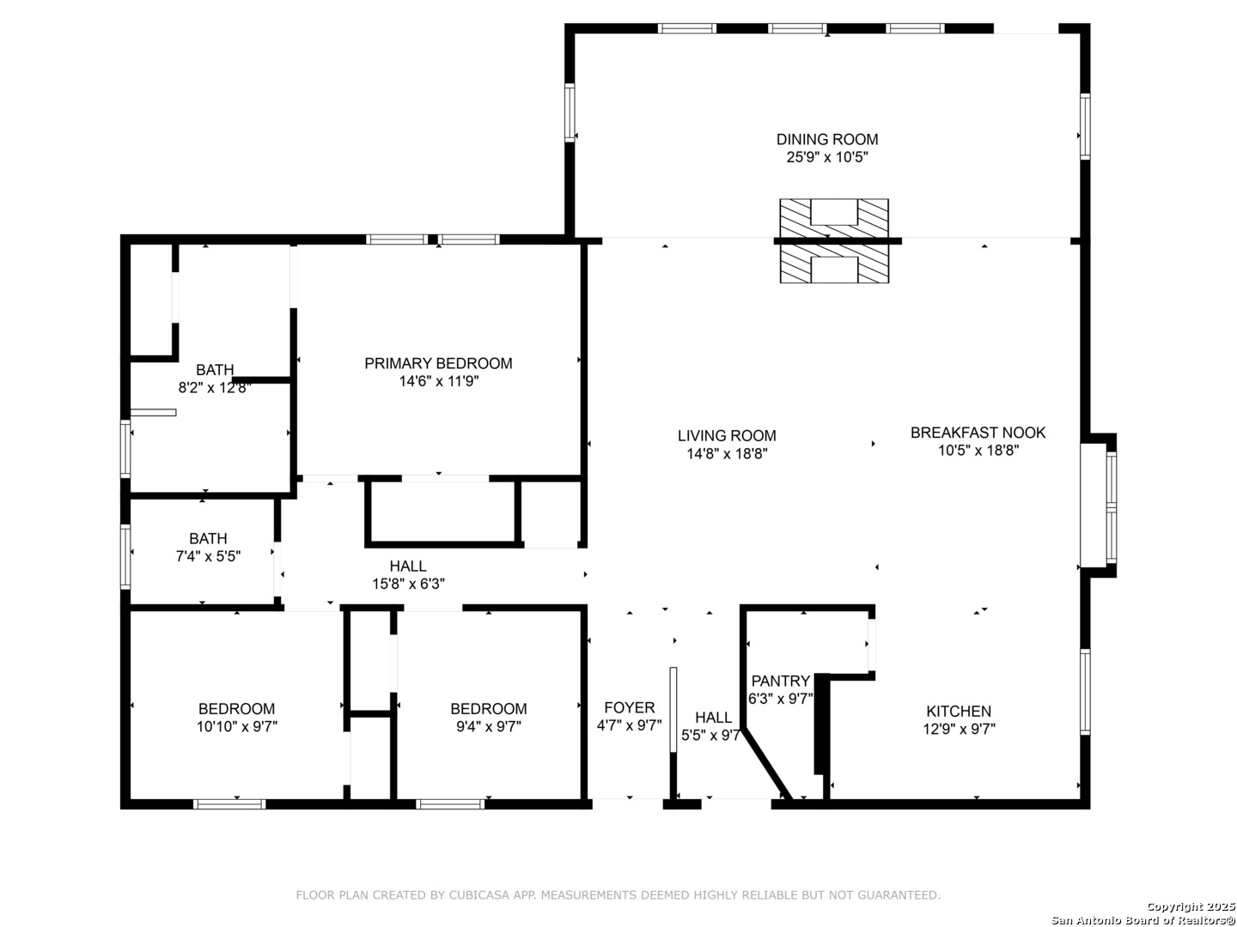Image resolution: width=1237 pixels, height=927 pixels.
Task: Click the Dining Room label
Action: click(826, 139)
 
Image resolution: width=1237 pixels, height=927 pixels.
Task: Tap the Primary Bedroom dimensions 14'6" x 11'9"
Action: click(438, 382)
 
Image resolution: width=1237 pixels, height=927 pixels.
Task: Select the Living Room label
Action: click(727, 436)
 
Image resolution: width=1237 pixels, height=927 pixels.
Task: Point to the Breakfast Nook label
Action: click(978, 433)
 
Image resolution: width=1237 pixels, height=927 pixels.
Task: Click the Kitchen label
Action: click(958, 712)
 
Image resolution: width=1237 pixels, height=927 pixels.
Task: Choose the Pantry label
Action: click(781, 681)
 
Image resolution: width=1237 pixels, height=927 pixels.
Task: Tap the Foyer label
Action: click(630, 707)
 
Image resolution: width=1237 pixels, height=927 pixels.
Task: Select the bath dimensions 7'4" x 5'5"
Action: click(209, 557)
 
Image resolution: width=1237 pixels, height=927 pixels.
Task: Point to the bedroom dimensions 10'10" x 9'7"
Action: click(237, 727)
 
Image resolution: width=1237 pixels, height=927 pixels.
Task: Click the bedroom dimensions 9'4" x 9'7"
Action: click(489, 727)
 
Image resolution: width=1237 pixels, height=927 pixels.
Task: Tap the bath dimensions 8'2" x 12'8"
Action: click(214, 388)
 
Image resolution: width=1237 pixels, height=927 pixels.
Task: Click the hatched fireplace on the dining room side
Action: click(834, 218)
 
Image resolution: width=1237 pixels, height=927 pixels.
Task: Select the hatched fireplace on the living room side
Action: click(834, 264)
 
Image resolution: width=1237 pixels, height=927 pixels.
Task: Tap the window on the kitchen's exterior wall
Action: click(1085, 692)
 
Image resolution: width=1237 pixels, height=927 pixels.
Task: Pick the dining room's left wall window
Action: click(570, 112)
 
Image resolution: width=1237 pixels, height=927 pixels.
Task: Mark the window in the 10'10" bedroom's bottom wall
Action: click(229, 804)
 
